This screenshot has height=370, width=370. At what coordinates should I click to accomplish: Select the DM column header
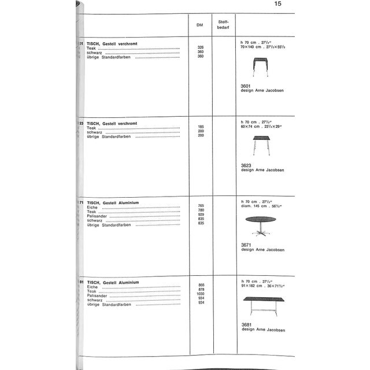coord(200,25)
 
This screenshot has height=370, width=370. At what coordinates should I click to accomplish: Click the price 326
coord(201,47)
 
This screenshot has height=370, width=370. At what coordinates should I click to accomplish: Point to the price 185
coord(201,127)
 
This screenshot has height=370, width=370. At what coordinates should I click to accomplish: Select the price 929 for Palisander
coord(201,215)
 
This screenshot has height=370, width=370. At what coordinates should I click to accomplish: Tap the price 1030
coord(201,294)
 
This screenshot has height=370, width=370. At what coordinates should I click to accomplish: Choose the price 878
coord(201,290)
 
